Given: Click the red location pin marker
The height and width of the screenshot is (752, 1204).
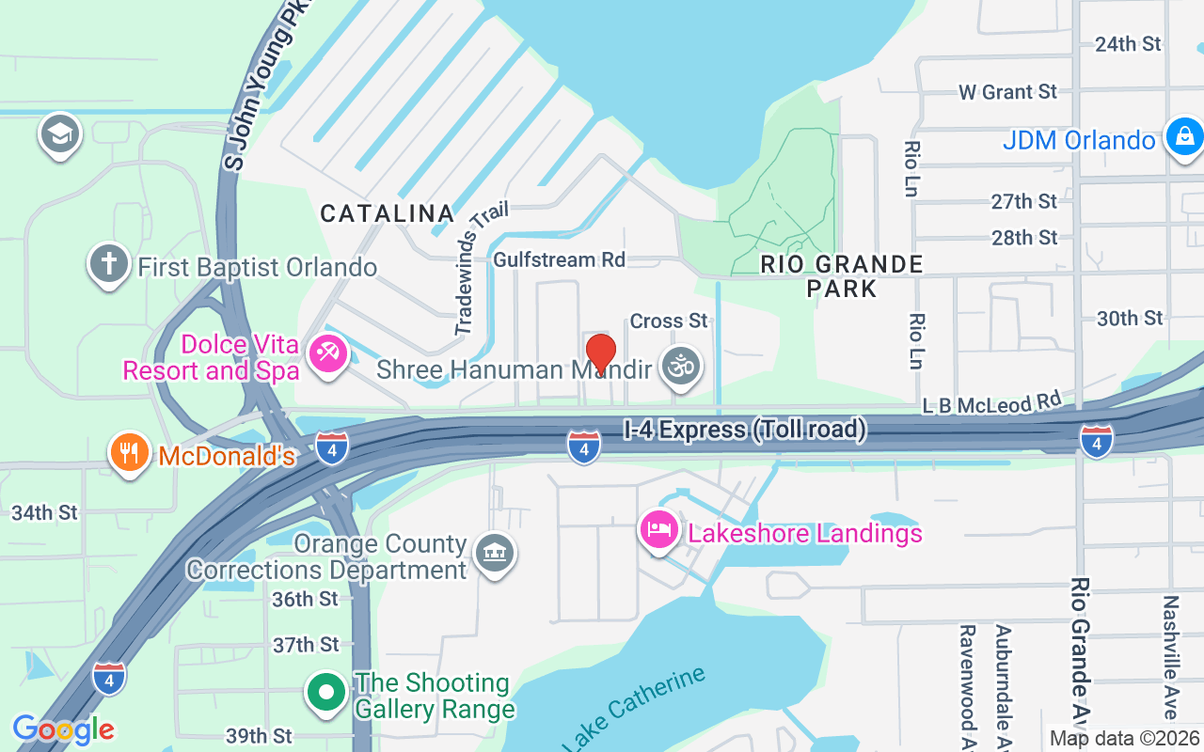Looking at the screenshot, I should pos(601,353).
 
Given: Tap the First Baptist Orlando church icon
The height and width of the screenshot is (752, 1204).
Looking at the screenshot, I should pos(108,264).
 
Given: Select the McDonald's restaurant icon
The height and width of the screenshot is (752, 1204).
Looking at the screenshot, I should pos(130,453).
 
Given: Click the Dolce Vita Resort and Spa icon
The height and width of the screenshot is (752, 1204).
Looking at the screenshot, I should pos(327,355).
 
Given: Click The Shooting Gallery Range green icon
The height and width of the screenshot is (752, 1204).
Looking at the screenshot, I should pos(326,694).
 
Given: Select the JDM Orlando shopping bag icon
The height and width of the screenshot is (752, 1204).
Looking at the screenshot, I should pos(1184,138).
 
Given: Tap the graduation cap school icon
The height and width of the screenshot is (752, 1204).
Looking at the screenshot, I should pos(60,134).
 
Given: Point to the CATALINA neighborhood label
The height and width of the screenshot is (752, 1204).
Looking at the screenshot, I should pos(388,213).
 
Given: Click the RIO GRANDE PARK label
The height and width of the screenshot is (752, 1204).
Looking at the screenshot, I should pos(842,276).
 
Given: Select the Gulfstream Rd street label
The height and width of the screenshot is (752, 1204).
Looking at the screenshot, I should pos(560,259).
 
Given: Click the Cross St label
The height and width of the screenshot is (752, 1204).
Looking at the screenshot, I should pos(669,321).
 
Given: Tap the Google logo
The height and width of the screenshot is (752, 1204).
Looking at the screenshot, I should pos(63,729).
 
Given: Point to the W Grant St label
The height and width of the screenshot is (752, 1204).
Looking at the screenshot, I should pos(1007,92).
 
